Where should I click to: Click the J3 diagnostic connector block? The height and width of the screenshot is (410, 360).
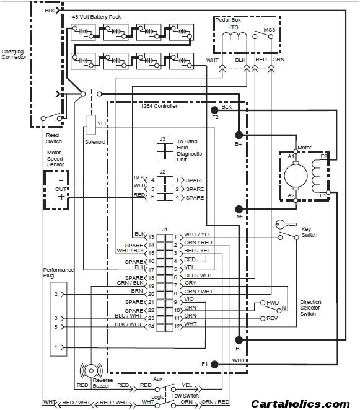click(x=165, y=151)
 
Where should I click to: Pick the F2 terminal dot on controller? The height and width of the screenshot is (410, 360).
click(x=215, y=109)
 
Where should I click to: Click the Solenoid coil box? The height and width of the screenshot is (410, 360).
click(x=91, y=125)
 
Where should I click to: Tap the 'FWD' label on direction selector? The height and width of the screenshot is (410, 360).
click(x=272, y=303)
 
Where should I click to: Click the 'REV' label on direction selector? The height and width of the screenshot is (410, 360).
click(x=271, y=318)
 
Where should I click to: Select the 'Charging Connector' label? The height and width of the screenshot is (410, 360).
click(x=14, y=55)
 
